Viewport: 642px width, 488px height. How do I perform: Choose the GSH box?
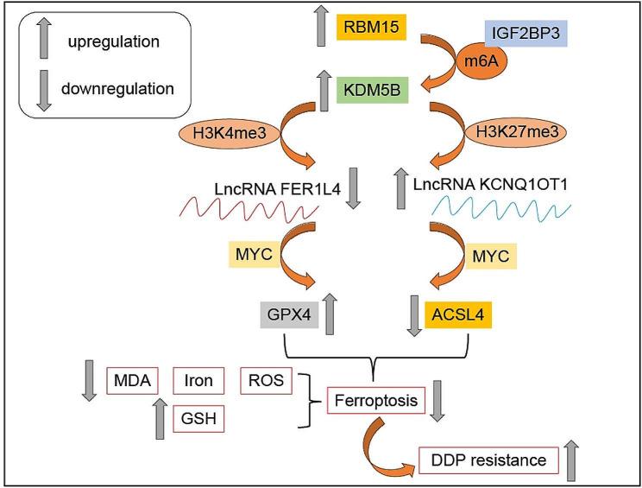pyautogui.click(x=198, y=420)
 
